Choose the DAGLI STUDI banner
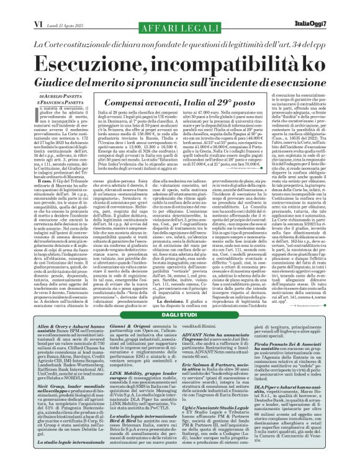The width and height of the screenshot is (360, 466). pyautogui.click(x=179, y=317)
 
